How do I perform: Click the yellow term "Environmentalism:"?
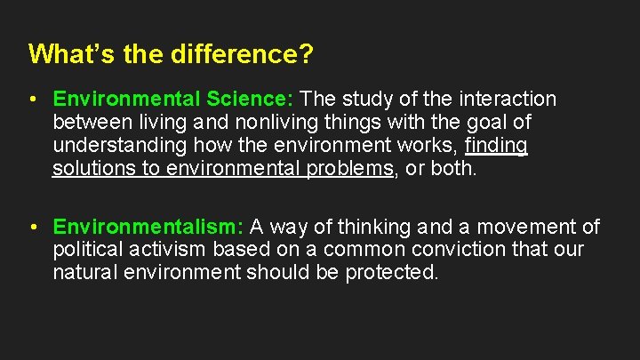pos(148,228)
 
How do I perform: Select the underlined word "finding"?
pos(496,145)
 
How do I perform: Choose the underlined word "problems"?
pos(348,168)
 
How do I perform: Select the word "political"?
pos(88,250)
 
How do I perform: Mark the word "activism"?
pos(168,250)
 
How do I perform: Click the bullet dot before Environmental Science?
pos(33,99)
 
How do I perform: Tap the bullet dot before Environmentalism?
pos(33,228)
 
